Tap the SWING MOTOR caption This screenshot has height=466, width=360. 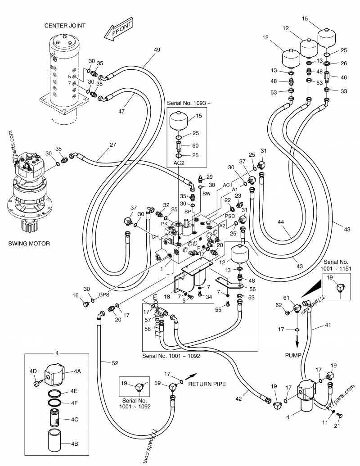[29, 244]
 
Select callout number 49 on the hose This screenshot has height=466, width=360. [157, 50]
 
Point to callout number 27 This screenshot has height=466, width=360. [112, 145]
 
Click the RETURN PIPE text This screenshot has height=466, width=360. [207, 384]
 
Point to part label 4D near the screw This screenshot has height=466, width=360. [33, 371]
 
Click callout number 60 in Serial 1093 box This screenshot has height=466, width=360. [195, 145]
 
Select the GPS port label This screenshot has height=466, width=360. [104, 295]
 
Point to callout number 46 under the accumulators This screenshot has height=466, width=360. [344, 78]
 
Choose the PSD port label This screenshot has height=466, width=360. [230, 215]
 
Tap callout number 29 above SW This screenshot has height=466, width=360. [209, 176]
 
